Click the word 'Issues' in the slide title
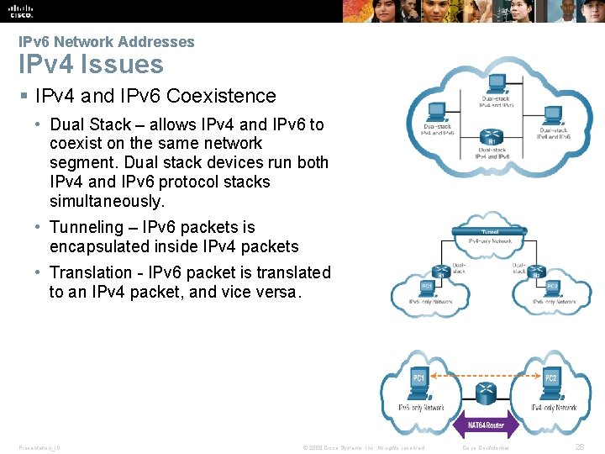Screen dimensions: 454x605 (130, 64)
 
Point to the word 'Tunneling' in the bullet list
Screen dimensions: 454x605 (87, 227)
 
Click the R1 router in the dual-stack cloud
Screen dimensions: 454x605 (490, 137)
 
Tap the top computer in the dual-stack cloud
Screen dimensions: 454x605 (496, 84)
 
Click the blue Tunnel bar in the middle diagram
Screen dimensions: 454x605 (489, 230)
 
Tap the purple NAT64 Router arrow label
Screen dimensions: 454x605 (486, 425)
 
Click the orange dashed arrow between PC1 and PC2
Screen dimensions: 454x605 (485, 370)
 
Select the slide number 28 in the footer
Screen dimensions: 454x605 (579, 447)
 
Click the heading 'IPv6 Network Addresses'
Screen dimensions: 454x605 (107, 42)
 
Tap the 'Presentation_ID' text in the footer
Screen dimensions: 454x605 (39, 447)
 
